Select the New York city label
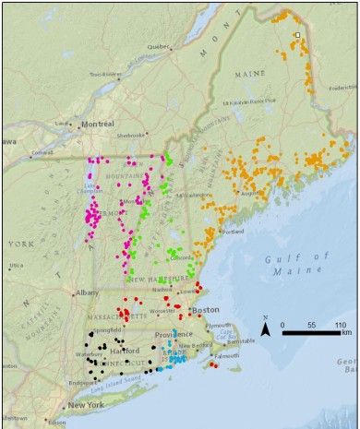coord(84,405)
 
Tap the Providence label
coord(174,334)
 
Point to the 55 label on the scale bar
coord(312,325)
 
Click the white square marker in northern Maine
coord(297,35)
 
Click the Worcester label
coord(149,312)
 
